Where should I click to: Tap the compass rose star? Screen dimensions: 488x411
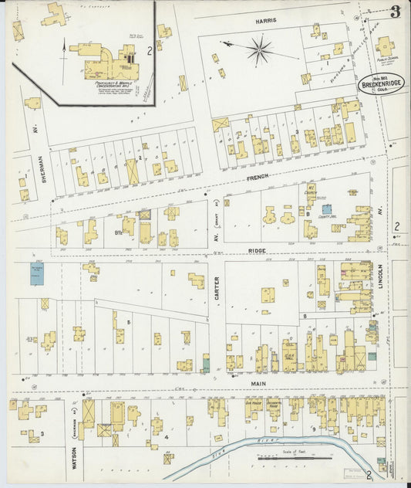point(260,51)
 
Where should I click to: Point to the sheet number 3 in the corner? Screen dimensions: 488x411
point(395,12)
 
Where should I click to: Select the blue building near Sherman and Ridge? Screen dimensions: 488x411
point(35,273)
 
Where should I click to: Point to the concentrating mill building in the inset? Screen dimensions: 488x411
point(104,62)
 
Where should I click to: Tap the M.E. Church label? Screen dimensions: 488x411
point(312,190)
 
